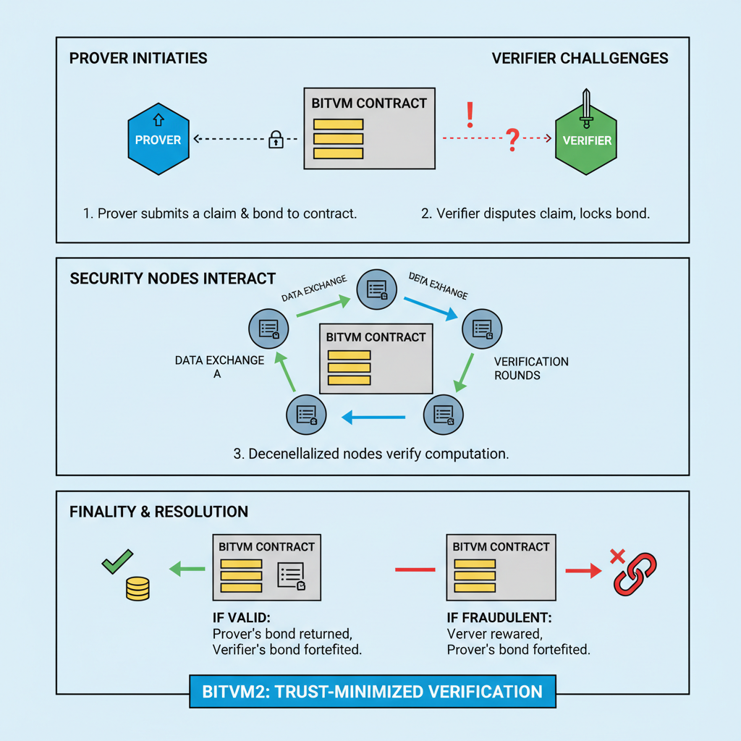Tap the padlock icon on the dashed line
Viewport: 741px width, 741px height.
coord(276,139)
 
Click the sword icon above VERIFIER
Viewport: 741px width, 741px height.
coord(586,105)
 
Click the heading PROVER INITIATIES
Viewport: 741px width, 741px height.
coord(138,58)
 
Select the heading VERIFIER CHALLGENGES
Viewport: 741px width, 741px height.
coord(580,58)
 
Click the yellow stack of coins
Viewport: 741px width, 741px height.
coord(137,588)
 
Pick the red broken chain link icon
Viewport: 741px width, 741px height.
coord(635,574)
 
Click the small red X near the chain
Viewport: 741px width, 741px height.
coord(617,556)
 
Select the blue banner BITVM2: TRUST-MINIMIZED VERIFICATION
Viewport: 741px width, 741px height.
coord(373,691)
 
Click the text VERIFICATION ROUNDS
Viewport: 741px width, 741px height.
coord(530,368)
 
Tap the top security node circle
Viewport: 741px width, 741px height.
coord(376,289)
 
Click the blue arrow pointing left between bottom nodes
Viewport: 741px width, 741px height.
coord(373,417)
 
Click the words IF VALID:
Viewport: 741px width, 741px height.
coord(239,619)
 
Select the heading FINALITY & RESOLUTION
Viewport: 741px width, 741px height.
coord(158,512)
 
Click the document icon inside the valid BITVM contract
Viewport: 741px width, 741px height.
coord(291,577)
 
